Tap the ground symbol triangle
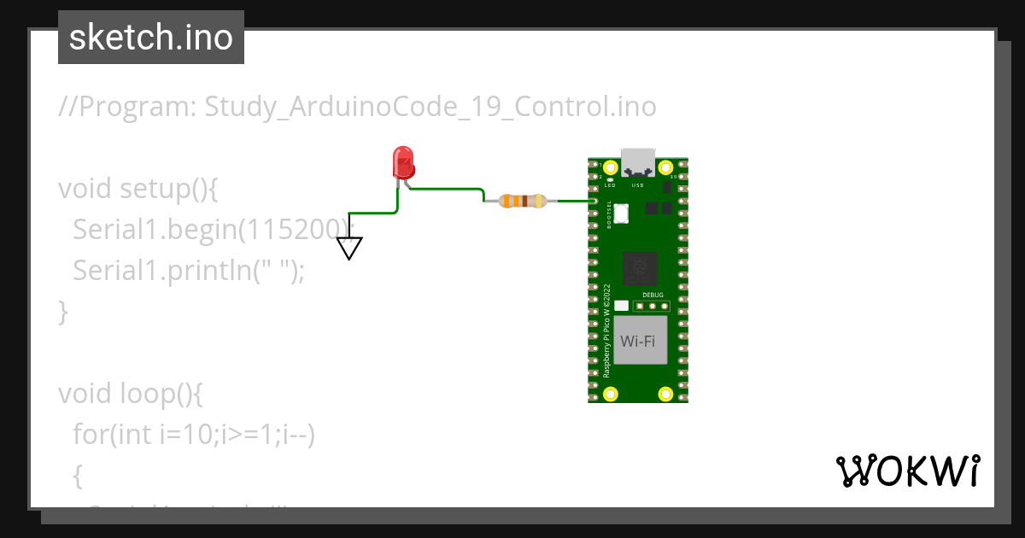[x=349, y=248]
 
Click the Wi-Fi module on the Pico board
[x=637, y=341]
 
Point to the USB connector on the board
[x=637, y=161]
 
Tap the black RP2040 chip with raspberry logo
[x=639, y=269]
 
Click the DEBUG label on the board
[x=653, y=295]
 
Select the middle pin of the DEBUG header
[x=652, y=306]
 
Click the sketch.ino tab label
[x=151, y=38]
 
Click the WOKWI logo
[x=907, y=471]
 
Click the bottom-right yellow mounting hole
[x=665, y=394]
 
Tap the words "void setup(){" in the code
[x=138, y=189]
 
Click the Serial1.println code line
[x=188, y=271]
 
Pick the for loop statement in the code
[x=195, y=435]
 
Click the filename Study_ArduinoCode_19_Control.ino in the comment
[x=430, y=107]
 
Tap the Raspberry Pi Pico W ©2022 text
[x=606, y=330]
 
